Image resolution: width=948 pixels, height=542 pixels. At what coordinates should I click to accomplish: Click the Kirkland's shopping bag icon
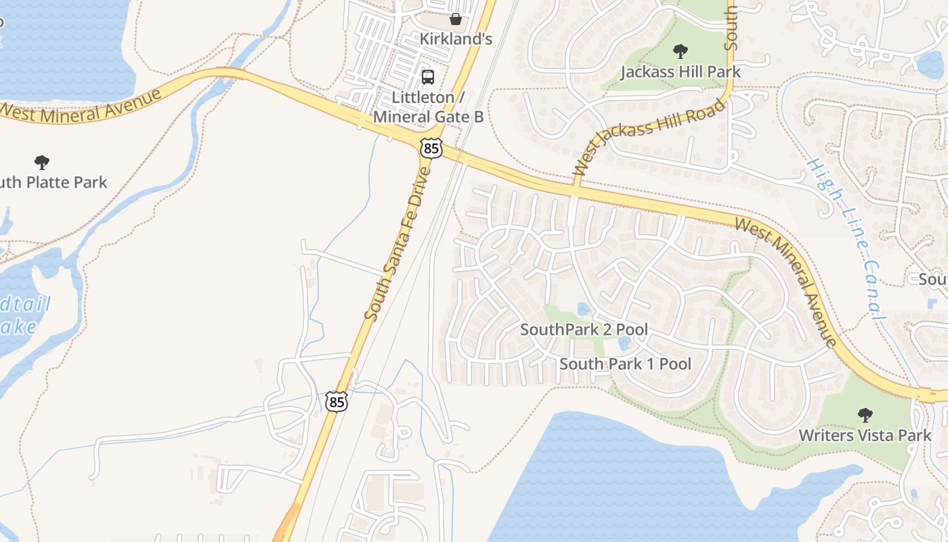pos(456,18)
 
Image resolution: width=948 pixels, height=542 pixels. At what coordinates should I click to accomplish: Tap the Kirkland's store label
pos(456,39)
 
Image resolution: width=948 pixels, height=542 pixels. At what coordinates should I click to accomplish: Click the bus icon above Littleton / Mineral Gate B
pos(428,77)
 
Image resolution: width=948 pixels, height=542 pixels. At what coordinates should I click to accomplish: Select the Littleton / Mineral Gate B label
pos(428,107)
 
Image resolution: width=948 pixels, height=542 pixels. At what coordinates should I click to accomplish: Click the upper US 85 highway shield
pos(431,148)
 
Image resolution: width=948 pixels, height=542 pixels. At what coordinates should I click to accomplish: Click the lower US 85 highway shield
pos(336,401)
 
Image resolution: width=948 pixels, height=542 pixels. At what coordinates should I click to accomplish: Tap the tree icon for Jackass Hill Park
pos(681,51)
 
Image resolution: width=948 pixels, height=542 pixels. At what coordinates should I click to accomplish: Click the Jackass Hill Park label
pos(681,71)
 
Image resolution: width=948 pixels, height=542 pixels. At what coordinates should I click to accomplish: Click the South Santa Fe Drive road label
pos(397,244)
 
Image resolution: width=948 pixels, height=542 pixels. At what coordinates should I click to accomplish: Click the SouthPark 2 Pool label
pos(584,330)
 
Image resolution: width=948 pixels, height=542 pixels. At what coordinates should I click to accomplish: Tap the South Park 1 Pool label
pos(625,364)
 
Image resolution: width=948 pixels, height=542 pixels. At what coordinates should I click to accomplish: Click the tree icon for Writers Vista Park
pos(865,415)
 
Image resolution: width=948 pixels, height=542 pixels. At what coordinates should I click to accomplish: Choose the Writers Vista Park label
pos(865,435)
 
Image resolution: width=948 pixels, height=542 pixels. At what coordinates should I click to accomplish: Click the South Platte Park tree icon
pos(42,163)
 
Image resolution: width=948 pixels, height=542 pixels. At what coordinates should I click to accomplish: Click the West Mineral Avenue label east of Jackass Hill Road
pos(786,282)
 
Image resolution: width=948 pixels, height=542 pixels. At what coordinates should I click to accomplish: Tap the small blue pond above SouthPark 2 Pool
pos(584,310)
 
